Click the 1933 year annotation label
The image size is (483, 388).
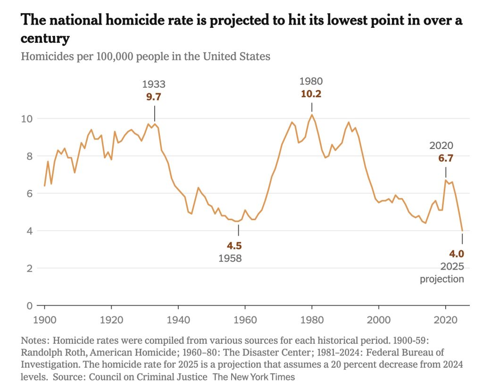[x=154, y=84]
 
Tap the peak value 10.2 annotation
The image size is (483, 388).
[x=311, y=93]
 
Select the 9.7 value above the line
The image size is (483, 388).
[x=154, y=97]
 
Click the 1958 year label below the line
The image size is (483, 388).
[x=230, y=258]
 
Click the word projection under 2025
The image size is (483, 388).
[x=442, y=279]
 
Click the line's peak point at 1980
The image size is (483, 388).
[x=312, y=115]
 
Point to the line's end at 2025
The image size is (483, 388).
[x=462, y=231]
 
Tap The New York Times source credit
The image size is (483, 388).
[x=253, y=377]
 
